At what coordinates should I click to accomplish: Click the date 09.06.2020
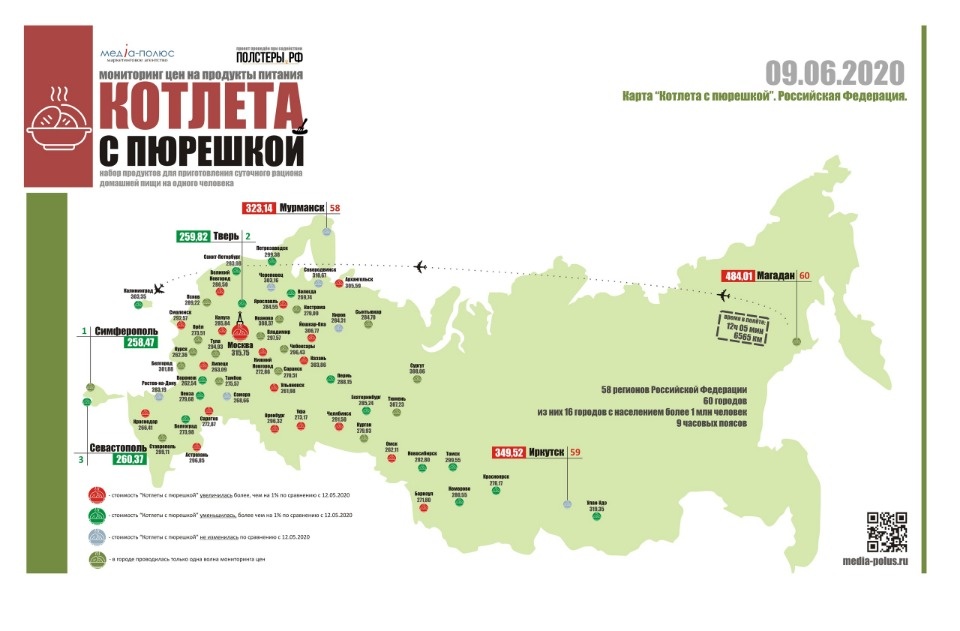(835, 73)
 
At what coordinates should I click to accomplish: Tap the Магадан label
(769, 277)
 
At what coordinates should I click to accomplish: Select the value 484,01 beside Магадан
(737, 277)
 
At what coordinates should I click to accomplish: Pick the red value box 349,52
(509, 452)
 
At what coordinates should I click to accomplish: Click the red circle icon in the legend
(98, 495)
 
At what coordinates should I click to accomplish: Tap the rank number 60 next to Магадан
(803, 277)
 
